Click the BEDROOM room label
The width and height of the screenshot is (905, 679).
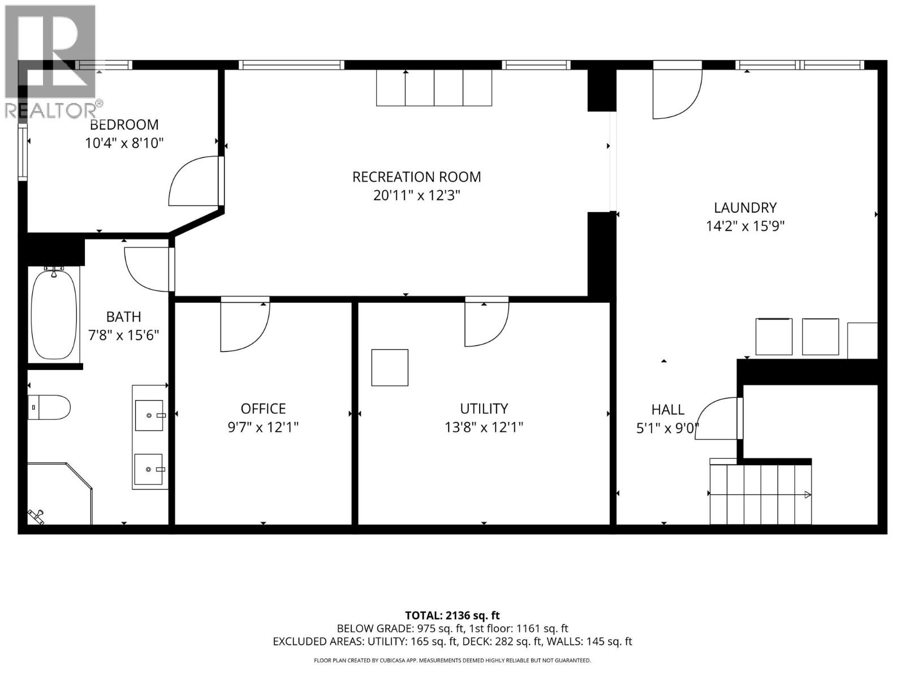click(x=124, y=124)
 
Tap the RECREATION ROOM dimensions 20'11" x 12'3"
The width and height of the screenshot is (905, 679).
click(x=417, y=196)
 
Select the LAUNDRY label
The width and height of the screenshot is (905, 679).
click(x=745, y=208)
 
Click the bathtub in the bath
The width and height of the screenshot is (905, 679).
click(x=54, y=315)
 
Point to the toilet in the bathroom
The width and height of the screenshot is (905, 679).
click(x=49, y=407)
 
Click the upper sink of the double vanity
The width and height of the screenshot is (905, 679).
click(x=149, y=415)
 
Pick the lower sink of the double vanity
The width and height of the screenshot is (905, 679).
click(x=149, y=469)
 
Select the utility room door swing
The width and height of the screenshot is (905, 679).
click(x=485, y=323)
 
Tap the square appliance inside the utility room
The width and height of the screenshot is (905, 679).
click(x=390, y=368)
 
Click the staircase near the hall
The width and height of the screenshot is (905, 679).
click(x=761, y=494)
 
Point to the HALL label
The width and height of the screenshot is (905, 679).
click(x=667, y=410)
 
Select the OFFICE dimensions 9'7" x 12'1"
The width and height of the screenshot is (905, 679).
click(x=263, y=427)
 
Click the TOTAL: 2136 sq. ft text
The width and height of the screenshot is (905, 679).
click(x=452, y=615)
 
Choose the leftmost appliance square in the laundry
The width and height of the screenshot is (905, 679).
click(x=774, y=337)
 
